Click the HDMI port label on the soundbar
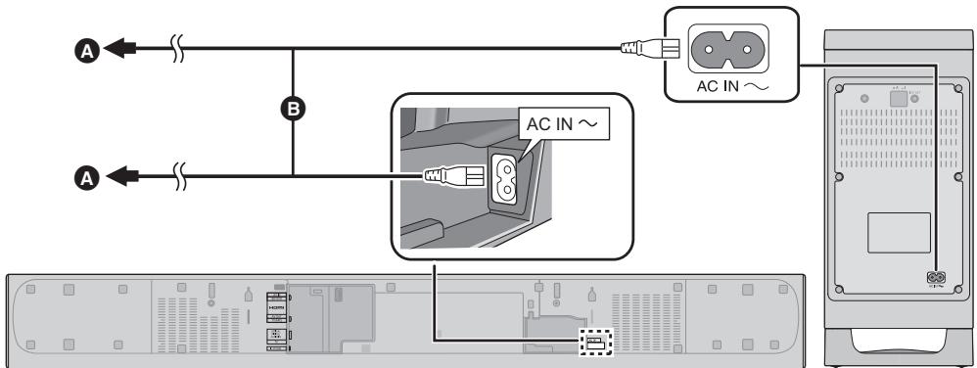(x=275, y=307)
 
